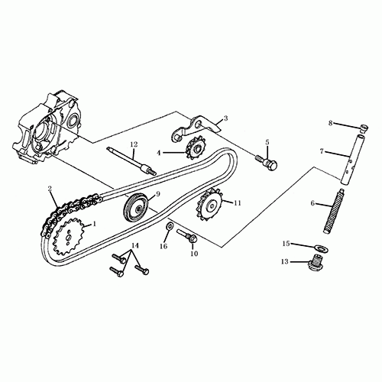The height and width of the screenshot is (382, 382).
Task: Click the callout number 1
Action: (x=94, y=225)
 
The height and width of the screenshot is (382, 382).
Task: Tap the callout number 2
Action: (x=50, y=189)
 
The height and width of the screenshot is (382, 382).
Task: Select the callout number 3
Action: (x=225, y=120)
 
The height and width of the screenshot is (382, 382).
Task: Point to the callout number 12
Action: (x=133, y=144)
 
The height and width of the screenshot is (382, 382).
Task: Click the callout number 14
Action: (x=135, y=246)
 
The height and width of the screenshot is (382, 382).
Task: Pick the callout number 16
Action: (x=163, y=247)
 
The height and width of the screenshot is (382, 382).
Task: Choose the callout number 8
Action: (x=331, y=123)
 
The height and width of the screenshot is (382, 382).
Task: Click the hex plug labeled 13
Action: (x=312, y=267)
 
